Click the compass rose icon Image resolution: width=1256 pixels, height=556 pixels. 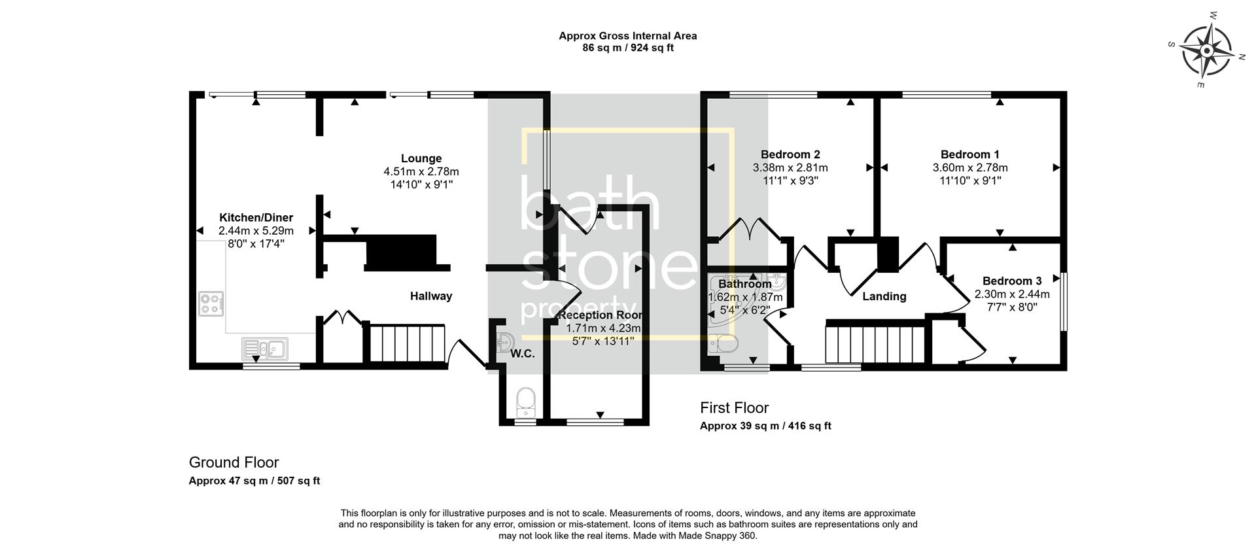1206,50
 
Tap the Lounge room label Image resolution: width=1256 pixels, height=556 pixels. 421,158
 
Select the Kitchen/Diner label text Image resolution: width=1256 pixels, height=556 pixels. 256,218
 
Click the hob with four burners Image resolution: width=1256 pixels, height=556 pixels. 211,304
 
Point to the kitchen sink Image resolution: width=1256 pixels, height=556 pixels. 264,349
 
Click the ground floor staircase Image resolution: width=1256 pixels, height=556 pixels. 407,342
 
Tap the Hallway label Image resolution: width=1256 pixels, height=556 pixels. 431,296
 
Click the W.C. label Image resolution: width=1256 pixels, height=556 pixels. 523,354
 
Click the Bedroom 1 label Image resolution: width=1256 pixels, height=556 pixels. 969,154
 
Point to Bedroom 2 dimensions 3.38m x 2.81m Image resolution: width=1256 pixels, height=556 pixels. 790,167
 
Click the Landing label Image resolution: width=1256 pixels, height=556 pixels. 884,296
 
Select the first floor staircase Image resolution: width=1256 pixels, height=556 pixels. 875,343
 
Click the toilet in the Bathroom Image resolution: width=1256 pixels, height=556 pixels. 724,343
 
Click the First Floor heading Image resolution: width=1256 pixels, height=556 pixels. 734,408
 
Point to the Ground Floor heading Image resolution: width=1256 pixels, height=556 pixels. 234,462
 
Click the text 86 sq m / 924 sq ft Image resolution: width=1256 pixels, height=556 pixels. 627,48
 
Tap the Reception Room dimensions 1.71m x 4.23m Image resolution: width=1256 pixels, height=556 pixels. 603,328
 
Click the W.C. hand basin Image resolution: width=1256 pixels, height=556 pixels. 504,341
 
